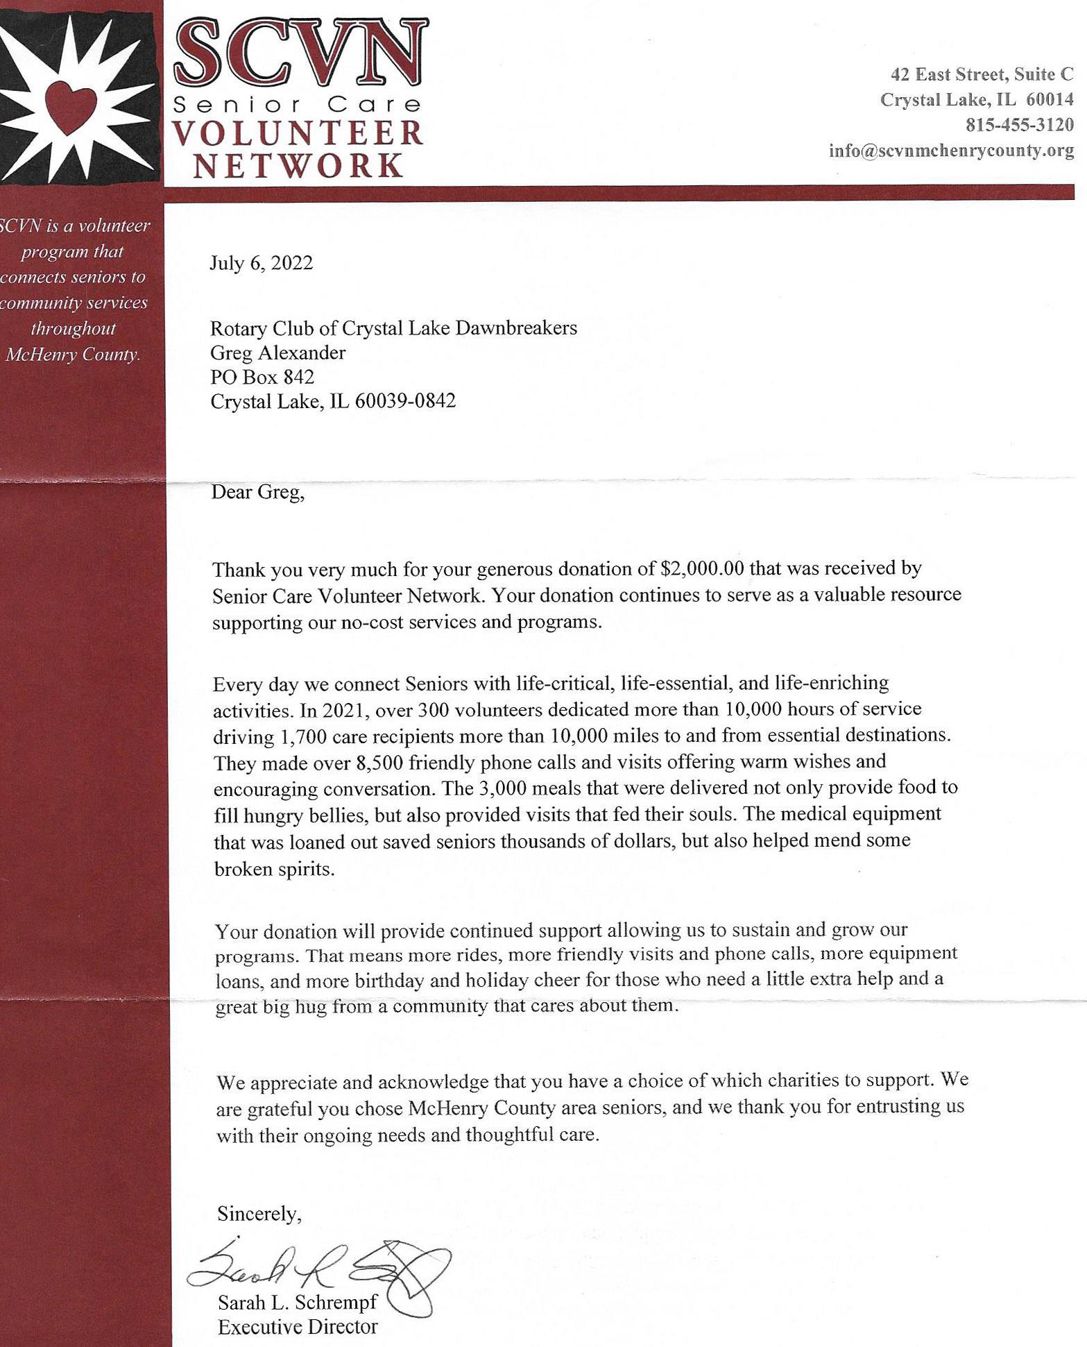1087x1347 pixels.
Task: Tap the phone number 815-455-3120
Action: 1020,125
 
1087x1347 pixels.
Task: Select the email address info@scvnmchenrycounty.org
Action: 951,151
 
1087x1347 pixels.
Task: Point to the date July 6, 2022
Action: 262,263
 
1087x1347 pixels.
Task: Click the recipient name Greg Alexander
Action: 277,353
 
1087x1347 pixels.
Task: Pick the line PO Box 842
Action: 262,377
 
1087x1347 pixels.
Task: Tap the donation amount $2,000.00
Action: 700,568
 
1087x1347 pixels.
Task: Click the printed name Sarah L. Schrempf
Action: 298,1302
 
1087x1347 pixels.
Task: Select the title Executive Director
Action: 298,1327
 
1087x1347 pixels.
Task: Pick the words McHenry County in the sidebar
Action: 73,355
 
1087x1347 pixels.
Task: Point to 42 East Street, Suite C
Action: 982,74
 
